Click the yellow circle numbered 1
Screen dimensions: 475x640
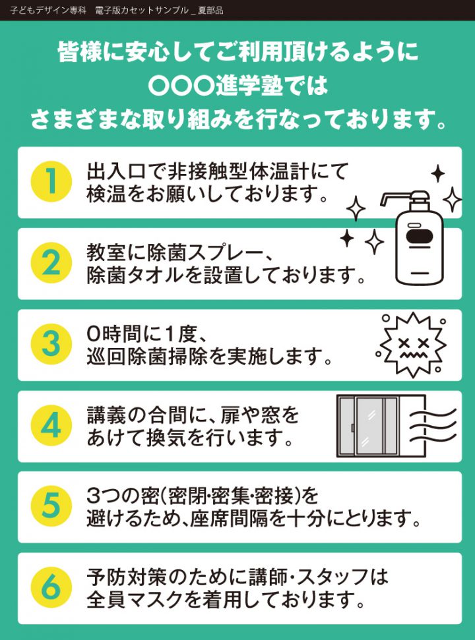(x=51, y=182)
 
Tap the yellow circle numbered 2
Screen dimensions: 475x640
(x=51, y=263)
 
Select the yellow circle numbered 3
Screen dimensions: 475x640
(x=51, y=344)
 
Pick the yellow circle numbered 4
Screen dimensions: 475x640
(x=51, y=425)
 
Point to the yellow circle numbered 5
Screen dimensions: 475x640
(x=51, y=506)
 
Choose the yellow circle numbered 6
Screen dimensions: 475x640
(x=51, y=587)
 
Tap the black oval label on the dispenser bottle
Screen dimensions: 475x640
(x=419, y=237)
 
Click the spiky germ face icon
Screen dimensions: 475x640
(x=412, y=345)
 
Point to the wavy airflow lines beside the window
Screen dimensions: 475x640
(x=433, y=426)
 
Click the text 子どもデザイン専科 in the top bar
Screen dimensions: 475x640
(x=48, y=10)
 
